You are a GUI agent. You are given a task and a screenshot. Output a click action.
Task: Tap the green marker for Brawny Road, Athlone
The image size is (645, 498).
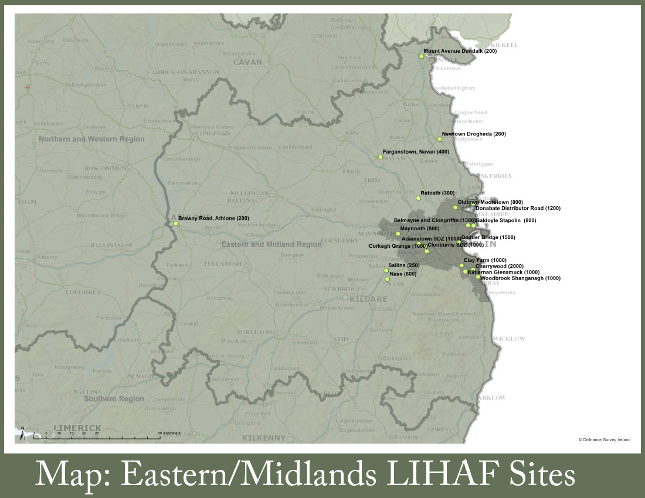click(176, 223)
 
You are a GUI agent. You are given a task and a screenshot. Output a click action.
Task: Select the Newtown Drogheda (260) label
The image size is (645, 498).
click(473, 134)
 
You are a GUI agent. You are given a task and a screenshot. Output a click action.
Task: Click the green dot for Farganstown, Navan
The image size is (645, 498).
click(381, 157)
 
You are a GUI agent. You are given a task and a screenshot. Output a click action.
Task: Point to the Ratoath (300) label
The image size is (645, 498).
click(437, 193)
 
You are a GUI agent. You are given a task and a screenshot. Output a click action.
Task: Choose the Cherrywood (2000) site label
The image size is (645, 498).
click(499, 266)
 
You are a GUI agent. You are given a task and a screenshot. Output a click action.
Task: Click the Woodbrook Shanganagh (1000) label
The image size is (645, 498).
click(520, 278)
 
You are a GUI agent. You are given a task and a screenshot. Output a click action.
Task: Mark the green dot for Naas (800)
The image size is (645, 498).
click(388, 279)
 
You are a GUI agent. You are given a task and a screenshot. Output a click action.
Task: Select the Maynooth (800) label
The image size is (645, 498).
click(419, 228)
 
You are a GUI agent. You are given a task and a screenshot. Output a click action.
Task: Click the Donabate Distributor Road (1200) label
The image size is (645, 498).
click(518, 208)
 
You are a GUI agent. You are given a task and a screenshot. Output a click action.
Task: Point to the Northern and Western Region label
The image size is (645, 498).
click(91, 139)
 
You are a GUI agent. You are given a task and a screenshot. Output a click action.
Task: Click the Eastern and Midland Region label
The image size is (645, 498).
click(271, 244)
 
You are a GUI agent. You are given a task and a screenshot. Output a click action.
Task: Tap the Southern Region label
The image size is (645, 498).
click(113, 399)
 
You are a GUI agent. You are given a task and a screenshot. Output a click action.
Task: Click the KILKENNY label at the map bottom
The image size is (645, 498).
click(265, 438)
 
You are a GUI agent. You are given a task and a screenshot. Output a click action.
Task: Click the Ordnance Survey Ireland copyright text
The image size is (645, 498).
click(604, 439)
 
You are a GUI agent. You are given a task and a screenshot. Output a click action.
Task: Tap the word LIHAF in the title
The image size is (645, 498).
click(417, 474)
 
